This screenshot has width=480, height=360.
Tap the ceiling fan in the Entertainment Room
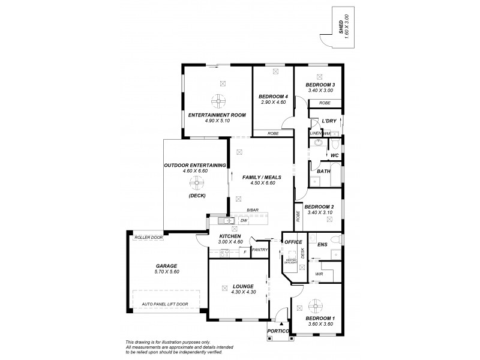(x=218, y=101)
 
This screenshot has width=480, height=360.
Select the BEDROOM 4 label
(x=273, y=97)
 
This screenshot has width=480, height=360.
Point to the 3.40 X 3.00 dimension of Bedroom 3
(x=320, y=91)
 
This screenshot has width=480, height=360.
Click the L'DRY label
(x=328, y=121)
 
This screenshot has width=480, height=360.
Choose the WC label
(x=335, y=156)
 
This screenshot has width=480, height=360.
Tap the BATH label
(x=323, y=172)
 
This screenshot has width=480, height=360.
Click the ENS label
(x=322, y=245)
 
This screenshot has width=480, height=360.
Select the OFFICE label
(x=293, y=242)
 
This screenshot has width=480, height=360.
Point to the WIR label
(x=319, y=275)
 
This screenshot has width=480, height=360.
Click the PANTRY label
(x=260, y=250)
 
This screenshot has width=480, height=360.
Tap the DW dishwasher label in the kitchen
(x=244, y=221)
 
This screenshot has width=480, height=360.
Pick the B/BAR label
(x=252, y=209)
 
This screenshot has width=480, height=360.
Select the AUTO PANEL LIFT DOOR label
(x=165, y=304)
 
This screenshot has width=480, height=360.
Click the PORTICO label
(x=279, y=331)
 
